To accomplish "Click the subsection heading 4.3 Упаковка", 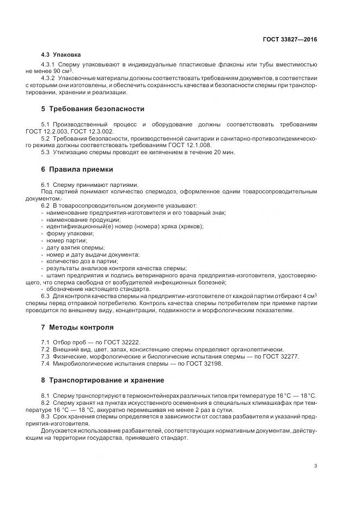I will pos(61,55).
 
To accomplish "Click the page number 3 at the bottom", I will pos(316,466).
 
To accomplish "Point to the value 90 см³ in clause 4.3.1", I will pos(63,72).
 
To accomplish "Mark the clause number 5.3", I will pos(46,153).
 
